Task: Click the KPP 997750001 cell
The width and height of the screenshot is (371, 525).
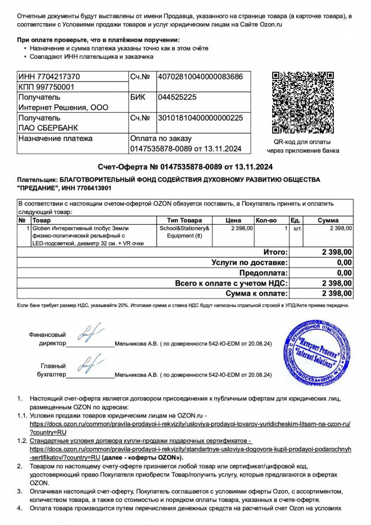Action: (x=46, y=87)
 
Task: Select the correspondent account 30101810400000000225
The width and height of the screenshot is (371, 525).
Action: (x=201, y=118)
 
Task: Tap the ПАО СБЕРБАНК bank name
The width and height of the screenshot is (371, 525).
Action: (x=48, y=128)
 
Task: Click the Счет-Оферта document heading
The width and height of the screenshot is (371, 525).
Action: (x=185, y=167)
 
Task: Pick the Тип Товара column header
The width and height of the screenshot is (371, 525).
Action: (x=184, y=220)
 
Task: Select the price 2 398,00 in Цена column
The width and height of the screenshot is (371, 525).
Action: (x=242, y=228)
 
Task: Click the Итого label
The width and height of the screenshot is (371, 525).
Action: (x=275, y=252)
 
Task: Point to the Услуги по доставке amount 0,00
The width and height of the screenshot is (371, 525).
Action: (x=344, y=262)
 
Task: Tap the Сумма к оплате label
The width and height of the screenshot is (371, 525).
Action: (x=257, y=293)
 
